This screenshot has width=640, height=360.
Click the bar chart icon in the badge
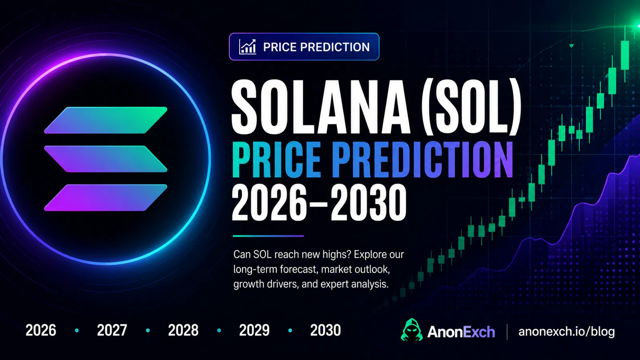248,46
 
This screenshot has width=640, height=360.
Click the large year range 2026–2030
319,202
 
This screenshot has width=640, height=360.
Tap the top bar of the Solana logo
106,120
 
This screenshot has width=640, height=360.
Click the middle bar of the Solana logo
106,159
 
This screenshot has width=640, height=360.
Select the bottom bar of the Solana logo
106,198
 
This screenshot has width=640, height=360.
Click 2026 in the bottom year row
41,330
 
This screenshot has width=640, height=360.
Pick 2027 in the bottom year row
112,330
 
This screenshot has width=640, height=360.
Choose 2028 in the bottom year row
183,330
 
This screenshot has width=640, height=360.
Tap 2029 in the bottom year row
254,330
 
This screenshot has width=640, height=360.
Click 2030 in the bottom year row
326,330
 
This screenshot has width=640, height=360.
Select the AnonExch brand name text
461,332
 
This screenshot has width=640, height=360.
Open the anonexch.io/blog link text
566,332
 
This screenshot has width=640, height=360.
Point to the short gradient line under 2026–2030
268,236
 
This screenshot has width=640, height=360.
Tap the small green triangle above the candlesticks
572,46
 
